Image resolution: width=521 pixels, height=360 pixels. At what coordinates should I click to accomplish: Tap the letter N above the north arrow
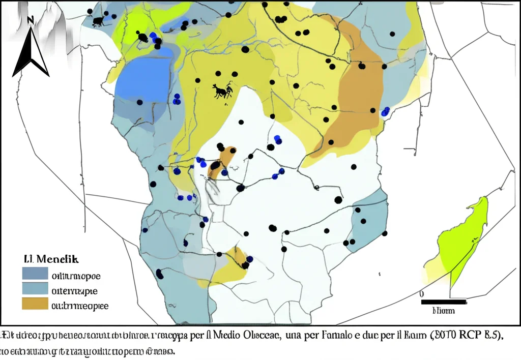[x=31, y=20]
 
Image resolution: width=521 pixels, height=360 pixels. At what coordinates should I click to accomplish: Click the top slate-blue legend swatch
[x=34, y=274]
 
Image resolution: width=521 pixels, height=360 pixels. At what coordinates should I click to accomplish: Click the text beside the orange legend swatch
[x=79, y=306]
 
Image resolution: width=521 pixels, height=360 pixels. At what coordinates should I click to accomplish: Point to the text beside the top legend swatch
[x=76, y=276]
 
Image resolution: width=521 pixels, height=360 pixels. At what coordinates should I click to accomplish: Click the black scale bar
[x=444, y=302]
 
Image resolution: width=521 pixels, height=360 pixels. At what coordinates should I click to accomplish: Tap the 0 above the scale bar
[x=422, y=294]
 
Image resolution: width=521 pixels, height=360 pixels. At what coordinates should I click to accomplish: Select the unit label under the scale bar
[x=443, y=311]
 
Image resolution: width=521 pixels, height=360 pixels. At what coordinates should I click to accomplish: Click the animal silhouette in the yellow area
[x=223, y=91]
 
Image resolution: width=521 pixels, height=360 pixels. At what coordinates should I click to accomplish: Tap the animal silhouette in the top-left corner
[x=98, y=21]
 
